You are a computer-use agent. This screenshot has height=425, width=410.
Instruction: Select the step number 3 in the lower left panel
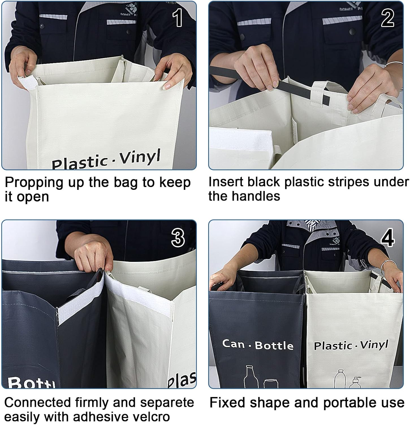tap(178, 237)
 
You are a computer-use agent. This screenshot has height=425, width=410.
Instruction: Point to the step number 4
tap(387, 238)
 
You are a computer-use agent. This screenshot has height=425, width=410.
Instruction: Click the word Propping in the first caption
tap(34, 183)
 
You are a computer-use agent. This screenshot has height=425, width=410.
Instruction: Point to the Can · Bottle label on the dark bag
tap(258, 345)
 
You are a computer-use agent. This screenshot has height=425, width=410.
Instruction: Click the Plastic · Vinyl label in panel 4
tap(351, 345)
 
